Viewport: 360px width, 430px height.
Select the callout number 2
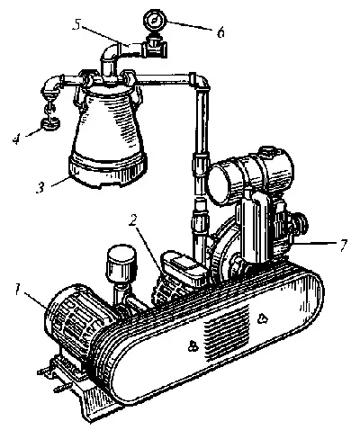point(133,220)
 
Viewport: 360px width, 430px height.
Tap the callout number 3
point(40,188)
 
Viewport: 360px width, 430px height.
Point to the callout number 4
point(16,139)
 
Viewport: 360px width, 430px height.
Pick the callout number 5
point(77,25)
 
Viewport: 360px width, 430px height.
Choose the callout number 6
point(220,32)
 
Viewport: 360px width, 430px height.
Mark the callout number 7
point(343,245)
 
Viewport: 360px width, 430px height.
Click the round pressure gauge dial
point(154,20)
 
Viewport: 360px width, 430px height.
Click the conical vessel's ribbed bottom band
point(109,171)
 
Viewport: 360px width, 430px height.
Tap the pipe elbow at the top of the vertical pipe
point(200,80)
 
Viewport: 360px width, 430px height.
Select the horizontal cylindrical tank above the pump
point(251,175)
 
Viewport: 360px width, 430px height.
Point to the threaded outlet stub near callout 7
point(300,222)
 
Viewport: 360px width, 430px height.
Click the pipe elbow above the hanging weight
point(53,85)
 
